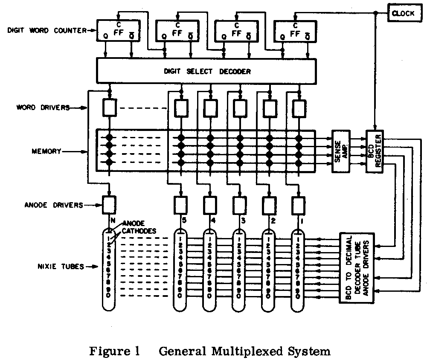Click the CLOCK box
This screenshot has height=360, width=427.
click(403, 13)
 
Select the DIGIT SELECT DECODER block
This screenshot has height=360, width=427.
click(207, 71)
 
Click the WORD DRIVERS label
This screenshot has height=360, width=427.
click(44, 108)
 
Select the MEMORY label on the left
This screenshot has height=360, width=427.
click(46, 151)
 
